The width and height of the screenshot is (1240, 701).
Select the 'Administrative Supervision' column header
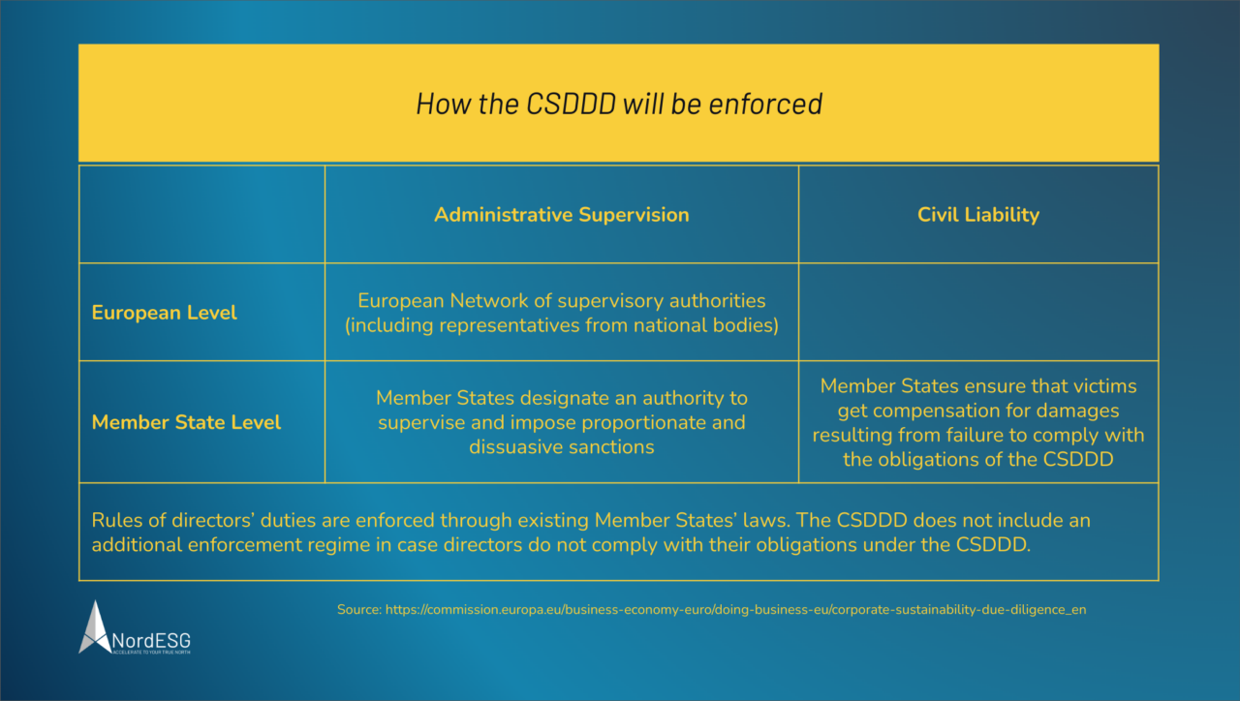561,215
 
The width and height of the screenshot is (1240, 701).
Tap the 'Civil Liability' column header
977,215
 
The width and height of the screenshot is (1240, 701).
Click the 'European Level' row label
164,313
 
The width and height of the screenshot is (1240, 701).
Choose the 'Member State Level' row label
186,422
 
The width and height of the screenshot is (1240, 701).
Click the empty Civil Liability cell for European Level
977,312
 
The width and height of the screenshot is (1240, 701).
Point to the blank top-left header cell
201,214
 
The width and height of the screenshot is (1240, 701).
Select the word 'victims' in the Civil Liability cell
1102,385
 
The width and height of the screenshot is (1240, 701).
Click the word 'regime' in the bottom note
368,544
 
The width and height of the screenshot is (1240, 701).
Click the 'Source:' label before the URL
358,610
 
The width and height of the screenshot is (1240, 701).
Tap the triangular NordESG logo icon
95,626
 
